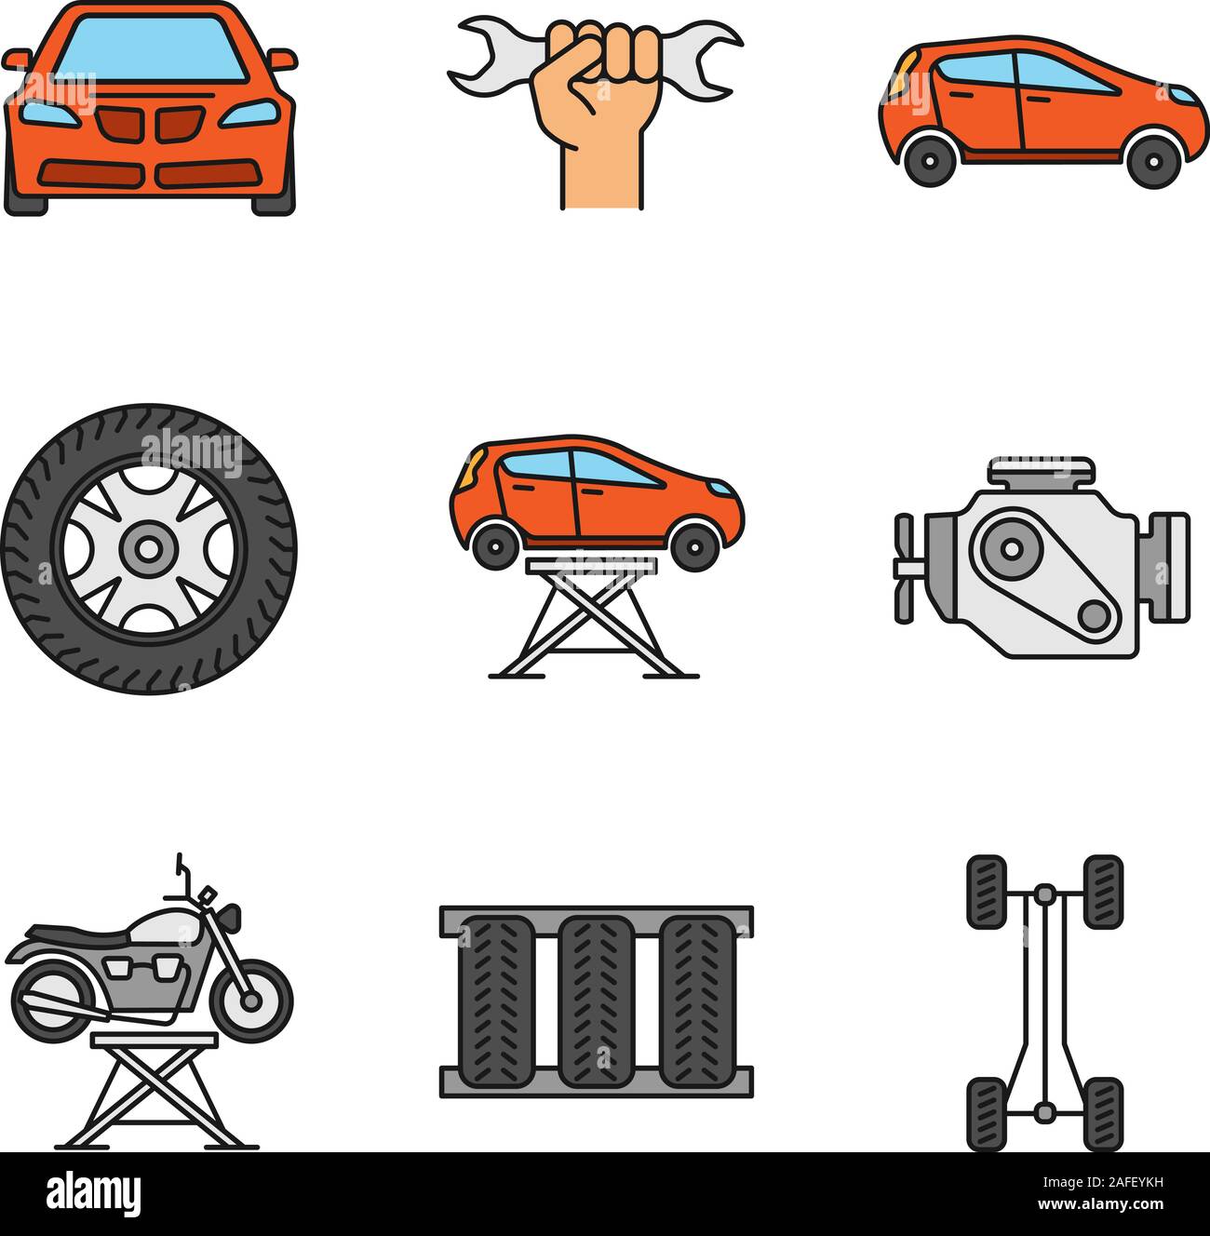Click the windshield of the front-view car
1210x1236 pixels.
[149, 51]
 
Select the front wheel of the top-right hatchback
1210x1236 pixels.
[1152, 161]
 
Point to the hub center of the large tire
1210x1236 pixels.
[147, 549]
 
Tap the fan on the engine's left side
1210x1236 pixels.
[905, 568]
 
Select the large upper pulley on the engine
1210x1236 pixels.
[1006, 551]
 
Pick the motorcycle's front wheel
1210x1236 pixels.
[250, 1001]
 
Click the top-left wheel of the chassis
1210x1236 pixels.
[987, 892]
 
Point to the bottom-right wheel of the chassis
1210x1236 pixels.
[1103, 1113]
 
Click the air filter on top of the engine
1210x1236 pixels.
[1042, 471]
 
